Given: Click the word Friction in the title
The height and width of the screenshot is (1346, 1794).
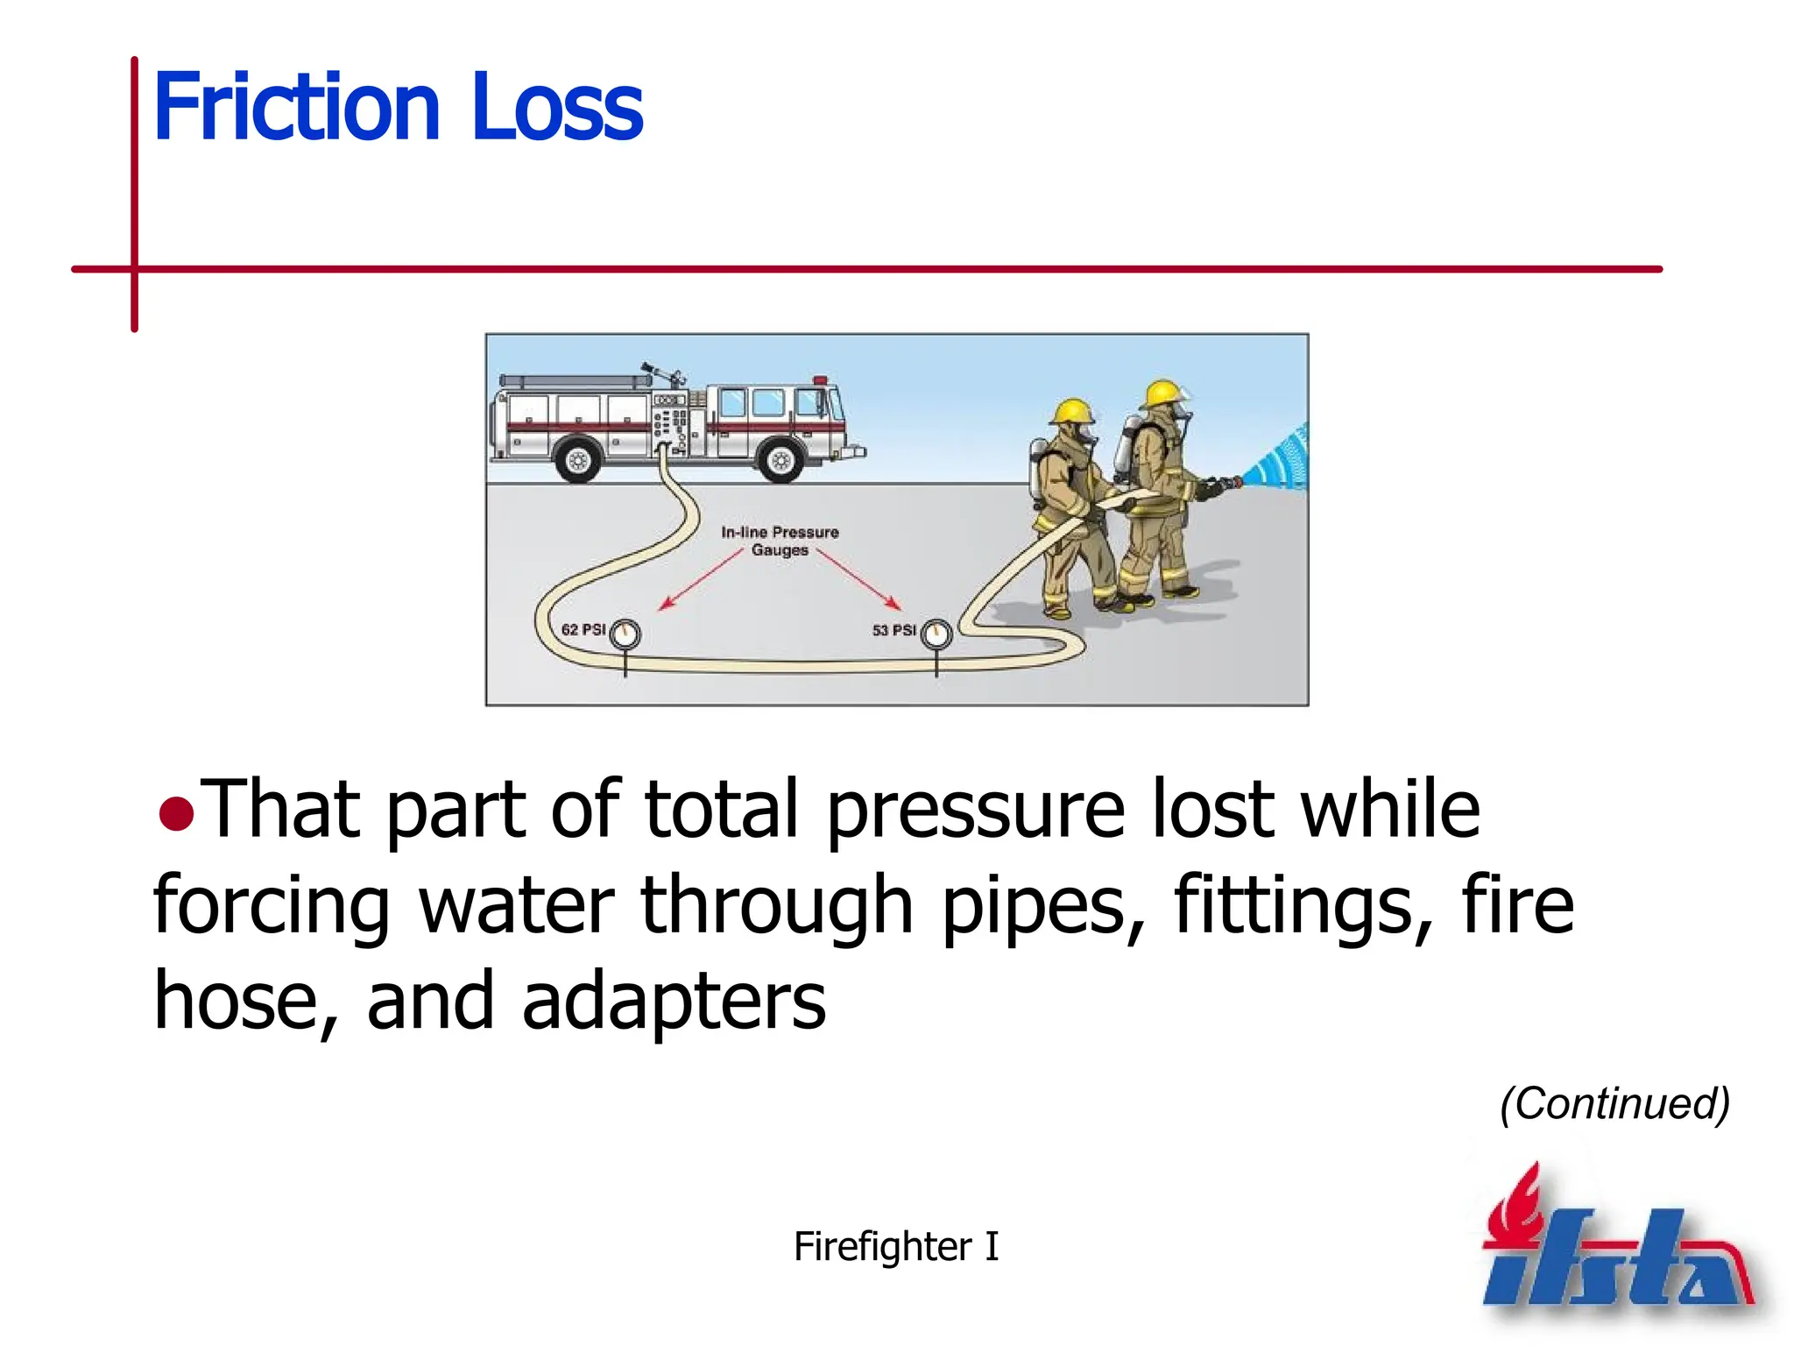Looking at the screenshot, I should [x=296, y=107].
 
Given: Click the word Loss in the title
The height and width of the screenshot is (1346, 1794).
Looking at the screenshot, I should [x=557, y=107].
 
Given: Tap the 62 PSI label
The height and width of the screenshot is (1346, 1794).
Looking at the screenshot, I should [x=583, y=629].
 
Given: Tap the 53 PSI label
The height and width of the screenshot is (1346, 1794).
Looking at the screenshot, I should [x=893, y=629].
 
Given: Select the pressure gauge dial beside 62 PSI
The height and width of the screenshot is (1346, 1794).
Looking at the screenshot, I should [x=625, y=634].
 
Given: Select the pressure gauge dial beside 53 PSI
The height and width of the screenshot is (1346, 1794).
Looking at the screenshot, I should [x=936, y=634].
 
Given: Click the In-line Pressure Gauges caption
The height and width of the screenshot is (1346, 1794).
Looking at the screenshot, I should [x=780, y=541].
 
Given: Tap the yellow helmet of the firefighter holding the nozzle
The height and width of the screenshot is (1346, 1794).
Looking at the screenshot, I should [x=1164, y=392].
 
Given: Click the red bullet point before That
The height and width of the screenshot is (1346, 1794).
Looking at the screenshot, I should [x=176, y=813].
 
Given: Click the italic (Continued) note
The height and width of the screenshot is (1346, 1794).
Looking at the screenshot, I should [x=1614, y=1103].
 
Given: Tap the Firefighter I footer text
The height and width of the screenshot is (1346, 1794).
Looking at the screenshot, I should [x=895, y=1245].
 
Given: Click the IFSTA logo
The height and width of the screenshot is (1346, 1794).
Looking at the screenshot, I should [x=1616, y=1244].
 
